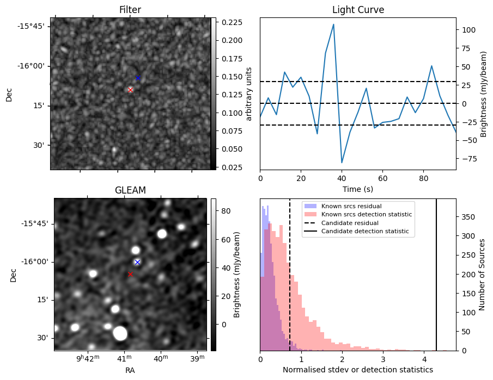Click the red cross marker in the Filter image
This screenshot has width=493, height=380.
(x=130, y=90)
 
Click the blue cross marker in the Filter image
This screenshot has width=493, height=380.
(x=138, y=78)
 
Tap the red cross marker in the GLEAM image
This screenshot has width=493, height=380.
(x=130, y=274)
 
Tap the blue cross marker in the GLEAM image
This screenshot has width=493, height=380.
(x=137, y=262)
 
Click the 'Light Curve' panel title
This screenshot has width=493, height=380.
(x=358, y=10)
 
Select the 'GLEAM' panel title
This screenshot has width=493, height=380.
(x=130, y=190)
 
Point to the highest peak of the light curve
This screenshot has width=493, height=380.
(x=333, y=24)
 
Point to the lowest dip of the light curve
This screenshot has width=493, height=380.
(x=342, y=163)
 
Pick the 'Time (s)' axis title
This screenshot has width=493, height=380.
(x=358, y=189)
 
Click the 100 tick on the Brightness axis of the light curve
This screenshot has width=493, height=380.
(x=467, y=30)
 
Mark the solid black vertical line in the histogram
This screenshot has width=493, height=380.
(x=436, y=275)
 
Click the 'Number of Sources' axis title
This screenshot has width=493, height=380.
(x=482, y=275)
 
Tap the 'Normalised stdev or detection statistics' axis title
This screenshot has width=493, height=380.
(x=358, y=370)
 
